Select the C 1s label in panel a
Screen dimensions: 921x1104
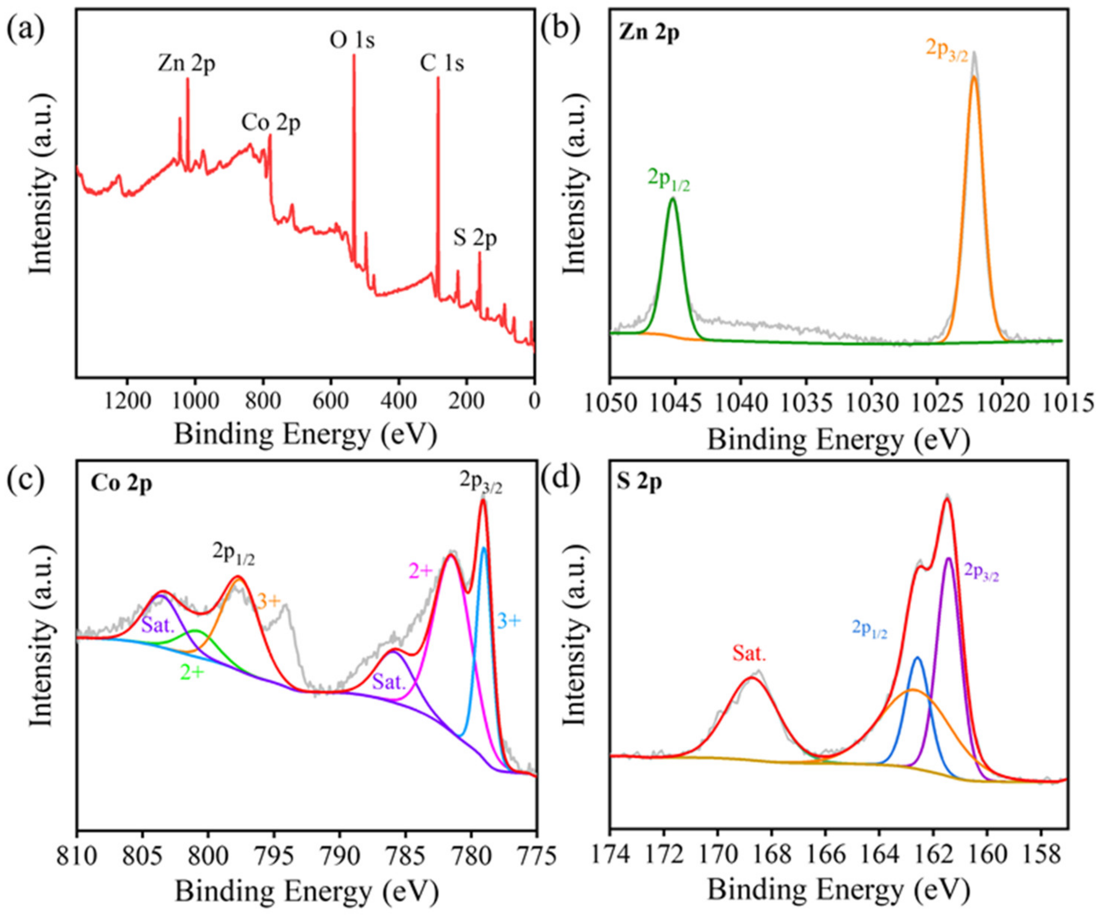442,64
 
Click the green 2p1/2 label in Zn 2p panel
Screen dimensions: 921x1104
668,180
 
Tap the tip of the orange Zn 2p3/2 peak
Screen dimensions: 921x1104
974,77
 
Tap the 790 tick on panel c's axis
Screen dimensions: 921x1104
339,856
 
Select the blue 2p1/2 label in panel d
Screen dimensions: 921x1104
869,629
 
